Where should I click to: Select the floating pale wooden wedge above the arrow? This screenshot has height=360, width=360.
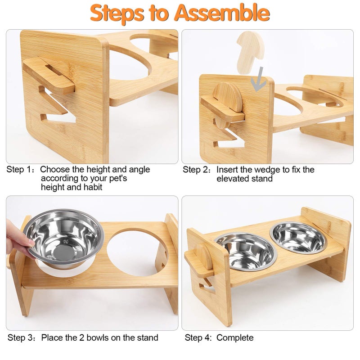pyautogui.click(x=250, y=52)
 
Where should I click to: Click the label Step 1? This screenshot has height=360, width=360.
pyautogui.click(x=19, y=170)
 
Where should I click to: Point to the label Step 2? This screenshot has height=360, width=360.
pyautogui.click(x=195, y=170)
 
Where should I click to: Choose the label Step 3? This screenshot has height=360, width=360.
pyautogui.click(x=20, y=338)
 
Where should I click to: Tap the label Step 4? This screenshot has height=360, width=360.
pyautogui.click(x=198, y=338)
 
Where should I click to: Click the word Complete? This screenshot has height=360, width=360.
pyautogui.click(x=235, y=338)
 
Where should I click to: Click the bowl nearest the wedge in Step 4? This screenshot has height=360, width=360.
pyautogui.click(x=246, y=252)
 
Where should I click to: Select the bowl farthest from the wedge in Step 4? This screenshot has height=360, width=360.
pyautogui.click(x=298, y=238)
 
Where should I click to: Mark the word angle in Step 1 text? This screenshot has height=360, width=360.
pyautogui.click(x=139, y=170)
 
